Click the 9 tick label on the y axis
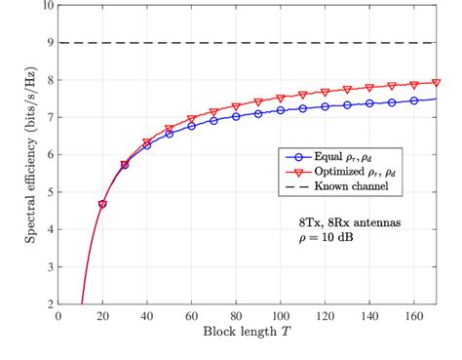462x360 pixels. (x=50, y=42)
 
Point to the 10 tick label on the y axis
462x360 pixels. (x=47, y=5)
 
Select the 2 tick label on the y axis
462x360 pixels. (x=50, y=303)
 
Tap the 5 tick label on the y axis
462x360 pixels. (x=50, y=191)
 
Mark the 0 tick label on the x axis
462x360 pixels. (x=58, y=316)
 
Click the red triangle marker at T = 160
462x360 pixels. (x=414, y=85)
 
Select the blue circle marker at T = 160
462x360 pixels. (x=414, y=100)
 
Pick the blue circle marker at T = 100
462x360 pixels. (x=281, y=110)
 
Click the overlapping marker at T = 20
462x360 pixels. (x=102, y=204)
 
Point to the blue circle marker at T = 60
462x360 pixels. (x=191, y=126)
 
